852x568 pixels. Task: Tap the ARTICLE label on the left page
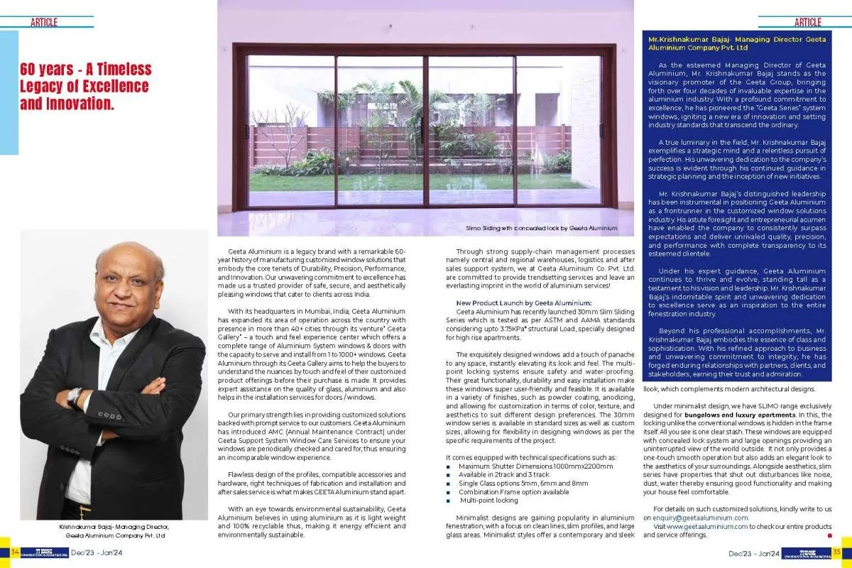(x=44, y=23)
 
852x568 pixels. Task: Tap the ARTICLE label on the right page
(x=807, y=23)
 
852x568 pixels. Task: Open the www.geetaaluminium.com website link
(x=707, y=526)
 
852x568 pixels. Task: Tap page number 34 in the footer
(x=13, y=552)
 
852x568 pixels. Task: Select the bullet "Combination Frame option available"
(x=503, y=491)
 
